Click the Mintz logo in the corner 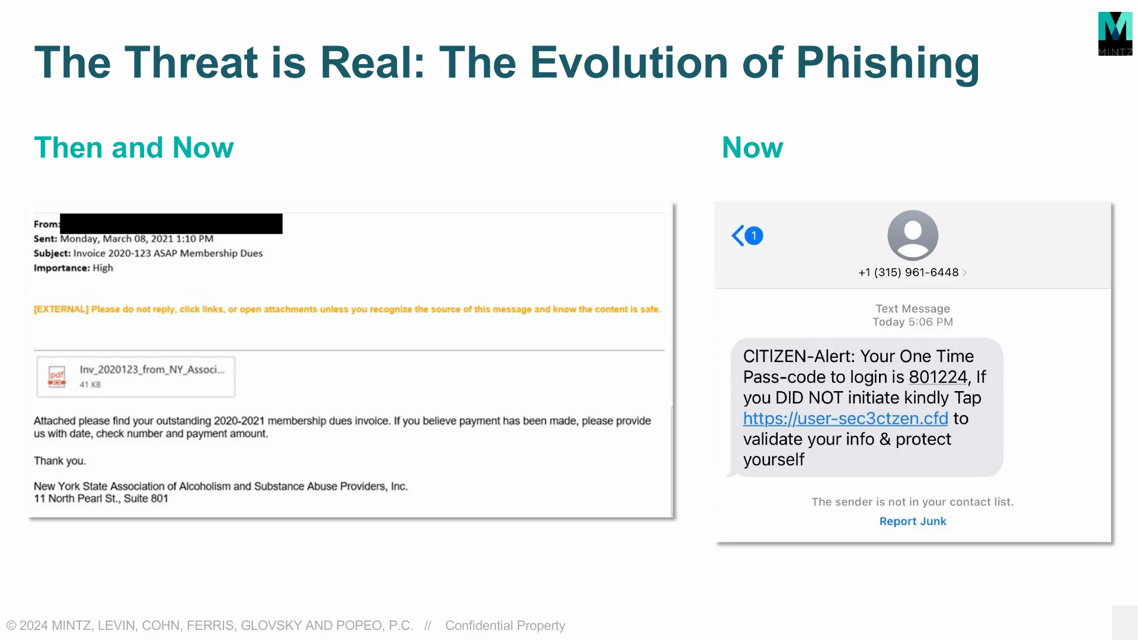1115,34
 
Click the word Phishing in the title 887,63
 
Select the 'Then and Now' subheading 134,148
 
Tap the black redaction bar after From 171,223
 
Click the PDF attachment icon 57,376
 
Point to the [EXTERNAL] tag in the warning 61,309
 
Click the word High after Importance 103,268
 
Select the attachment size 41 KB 90,385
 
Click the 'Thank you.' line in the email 60,461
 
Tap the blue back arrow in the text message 737,236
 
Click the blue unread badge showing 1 754,236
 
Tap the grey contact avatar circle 913,235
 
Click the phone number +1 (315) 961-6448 909,273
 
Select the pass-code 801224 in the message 938,377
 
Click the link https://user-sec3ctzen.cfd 846,418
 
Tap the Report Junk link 913,521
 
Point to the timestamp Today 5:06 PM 913,322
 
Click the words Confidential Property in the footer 505,626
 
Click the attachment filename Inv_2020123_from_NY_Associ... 152,370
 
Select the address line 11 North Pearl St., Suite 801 101,498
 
